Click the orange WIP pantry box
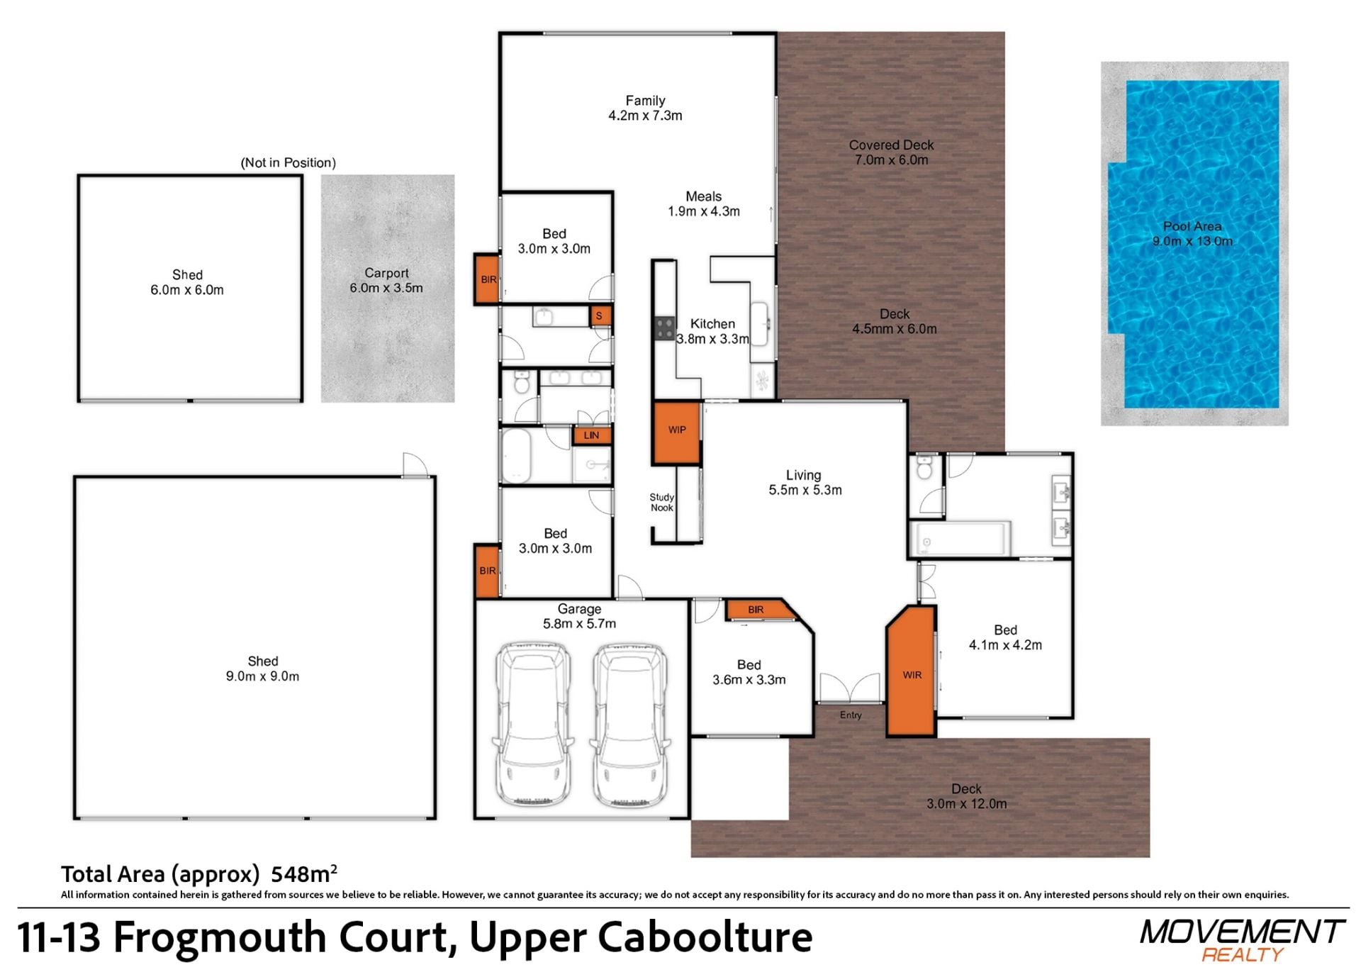[677, 432]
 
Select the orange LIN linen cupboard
[591, 435]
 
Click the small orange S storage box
[600, 315]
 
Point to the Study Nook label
[662, 502]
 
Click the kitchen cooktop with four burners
[665, 328]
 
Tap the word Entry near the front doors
[851, 715]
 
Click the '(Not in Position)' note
[289, 162]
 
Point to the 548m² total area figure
[304, 873]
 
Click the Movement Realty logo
[1242, 940]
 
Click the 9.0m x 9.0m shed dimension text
[262, 676]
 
